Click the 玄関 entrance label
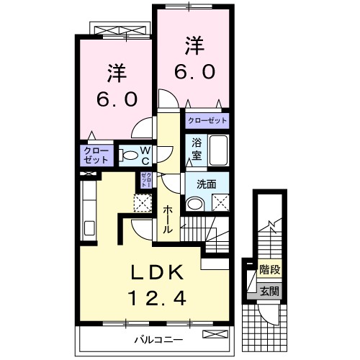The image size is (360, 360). pos(269,292)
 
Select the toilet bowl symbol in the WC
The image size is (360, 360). pos(129,154)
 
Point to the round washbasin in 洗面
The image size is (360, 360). pos(193,204)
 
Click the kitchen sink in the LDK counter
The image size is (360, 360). pos(91,229)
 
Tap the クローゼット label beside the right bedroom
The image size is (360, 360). pos(207,121)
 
